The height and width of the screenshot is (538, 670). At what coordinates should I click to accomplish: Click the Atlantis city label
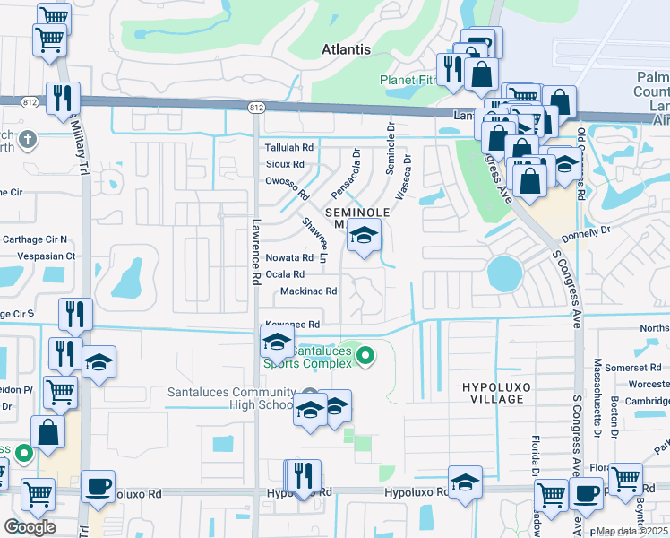(x=346, y=50)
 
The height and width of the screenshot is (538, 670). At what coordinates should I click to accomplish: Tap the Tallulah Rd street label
(x=288, y=147)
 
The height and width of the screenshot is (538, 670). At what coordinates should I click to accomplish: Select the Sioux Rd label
(x=285, y=164)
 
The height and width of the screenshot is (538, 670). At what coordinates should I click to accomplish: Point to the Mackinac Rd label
(x=308, y=291)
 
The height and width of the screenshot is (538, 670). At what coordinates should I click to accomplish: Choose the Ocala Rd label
(x=285, y=274)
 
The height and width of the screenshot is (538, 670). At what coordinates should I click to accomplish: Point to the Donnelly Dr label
(x=586, y=233)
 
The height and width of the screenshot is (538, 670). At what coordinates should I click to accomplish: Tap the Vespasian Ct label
(x=39, y=256)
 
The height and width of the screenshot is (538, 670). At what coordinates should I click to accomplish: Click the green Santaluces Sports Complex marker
(x=365, y=357)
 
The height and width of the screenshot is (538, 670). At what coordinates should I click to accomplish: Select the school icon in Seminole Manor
(x=364, y=238)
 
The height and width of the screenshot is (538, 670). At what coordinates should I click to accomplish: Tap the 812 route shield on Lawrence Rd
(x=256, y=108)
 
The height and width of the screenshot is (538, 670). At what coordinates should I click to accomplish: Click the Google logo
(x=30, y=527)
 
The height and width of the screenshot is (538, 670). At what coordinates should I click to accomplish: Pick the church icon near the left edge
(x=27, y=139)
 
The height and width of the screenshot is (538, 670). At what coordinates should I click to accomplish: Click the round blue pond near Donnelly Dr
(x=503, y=273)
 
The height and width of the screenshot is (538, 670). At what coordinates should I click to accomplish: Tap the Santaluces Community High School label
(x=231, y=399)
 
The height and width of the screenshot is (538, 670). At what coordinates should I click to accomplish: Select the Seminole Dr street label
(x=391, y=150)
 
